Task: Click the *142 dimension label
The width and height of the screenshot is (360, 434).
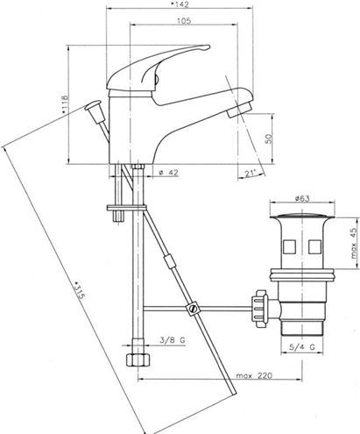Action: tap(180, 4)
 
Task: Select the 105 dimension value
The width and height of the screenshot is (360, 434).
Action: tap(184, 21)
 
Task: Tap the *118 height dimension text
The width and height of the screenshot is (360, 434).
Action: tap(65, 104)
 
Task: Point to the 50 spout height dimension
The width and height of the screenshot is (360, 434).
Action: tap(269, 139)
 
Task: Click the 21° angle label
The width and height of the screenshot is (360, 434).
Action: tap(251, 174)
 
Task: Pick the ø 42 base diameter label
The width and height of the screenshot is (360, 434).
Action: tap(169, 173)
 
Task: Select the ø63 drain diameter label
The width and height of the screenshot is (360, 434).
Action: tap(302, 199)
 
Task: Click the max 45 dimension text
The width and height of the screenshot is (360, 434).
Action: tap(354, 243)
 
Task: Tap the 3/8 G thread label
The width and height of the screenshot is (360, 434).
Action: tap(173, 340)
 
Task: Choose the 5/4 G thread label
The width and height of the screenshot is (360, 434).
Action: tap(302, 347)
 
